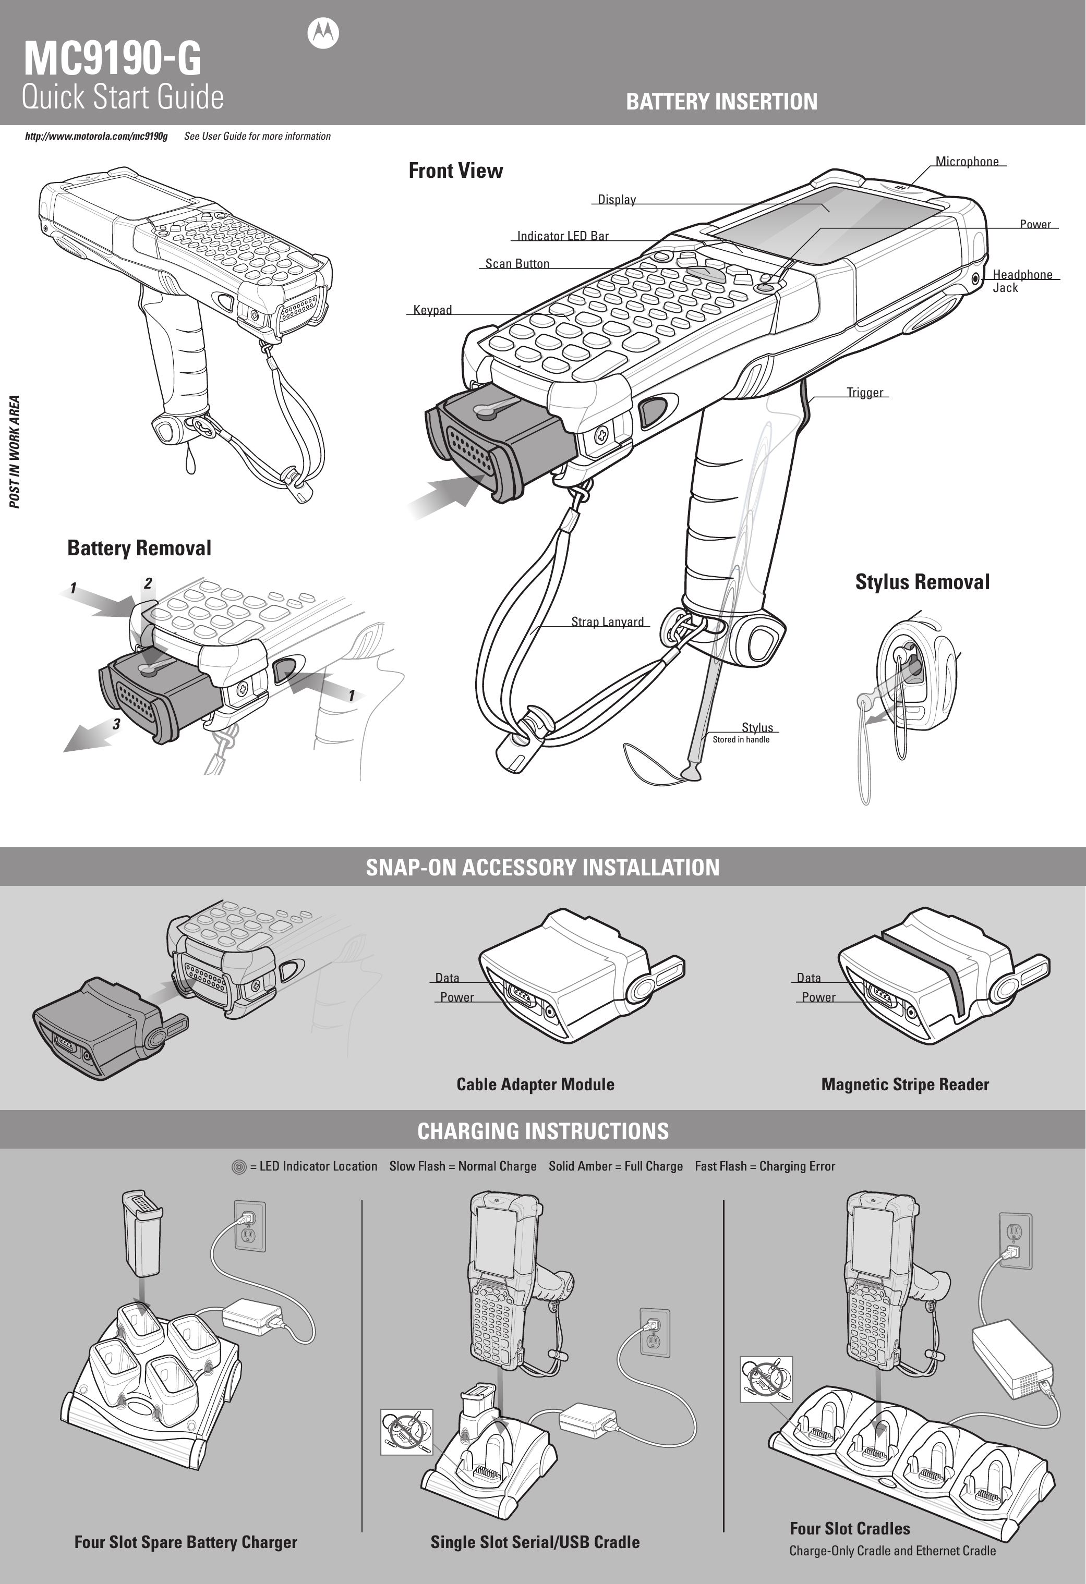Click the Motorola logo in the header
click(x=323, y=33)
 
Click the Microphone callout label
click(x=966, y=162)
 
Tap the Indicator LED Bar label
click(x=562, y=236)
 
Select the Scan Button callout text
click(x=517, y=264)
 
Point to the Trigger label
click(x=864, y=393)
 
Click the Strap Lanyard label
click(x=607, y=622)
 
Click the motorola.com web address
click(x=96, y=136)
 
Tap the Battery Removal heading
click(x=139, y=548)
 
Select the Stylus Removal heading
click(x=922, y=581)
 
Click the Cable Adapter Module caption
click(x=535, y=1085)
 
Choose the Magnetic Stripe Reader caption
click(x=904, y=1085)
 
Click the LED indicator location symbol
click(x=238, y=1166)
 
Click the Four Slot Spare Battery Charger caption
click(x=185, y=1542)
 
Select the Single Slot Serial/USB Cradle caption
click(x=535, y=1542)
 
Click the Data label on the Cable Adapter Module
click(x=447, y=978)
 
